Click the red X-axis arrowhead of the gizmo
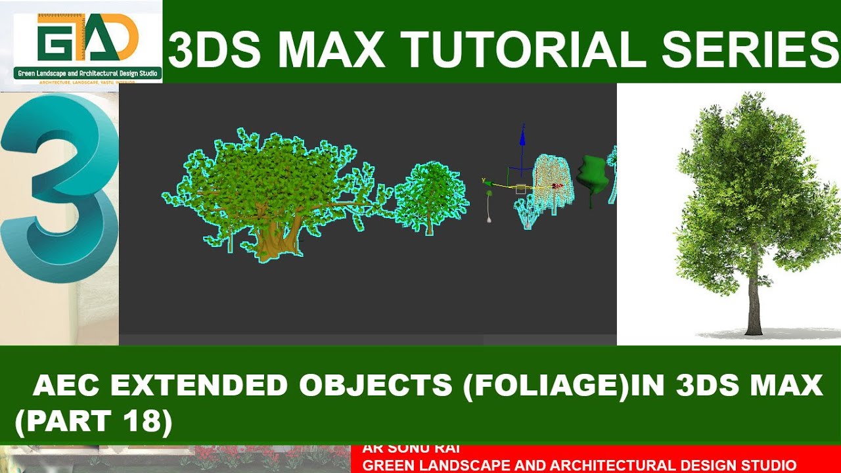[558, 186]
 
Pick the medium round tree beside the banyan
[431, 196]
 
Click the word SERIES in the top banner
[746, 50]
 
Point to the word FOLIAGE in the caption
[545, 385]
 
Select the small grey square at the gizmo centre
[521, 189]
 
